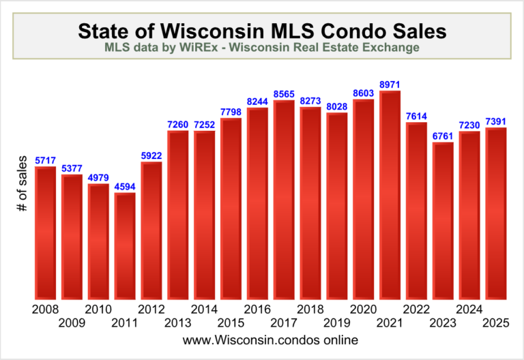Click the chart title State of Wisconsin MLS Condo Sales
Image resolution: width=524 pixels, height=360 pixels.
click(x=262, y=30)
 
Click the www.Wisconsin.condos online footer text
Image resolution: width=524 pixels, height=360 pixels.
click(x=262, y=339)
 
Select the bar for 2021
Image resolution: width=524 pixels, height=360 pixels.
click(x=390, y=195)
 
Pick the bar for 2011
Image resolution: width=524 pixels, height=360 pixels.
click(x=125, y=246)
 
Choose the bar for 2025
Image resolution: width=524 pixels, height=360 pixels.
click(x=496, y=213)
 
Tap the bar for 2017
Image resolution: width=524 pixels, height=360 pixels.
click(x=284, y=200)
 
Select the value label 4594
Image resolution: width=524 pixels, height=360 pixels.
click(x=125, y=187)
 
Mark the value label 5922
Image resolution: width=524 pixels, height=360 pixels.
click(x=151, y=156)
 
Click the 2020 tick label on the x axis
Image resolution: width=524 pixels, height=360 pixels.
click(x=364, y=309)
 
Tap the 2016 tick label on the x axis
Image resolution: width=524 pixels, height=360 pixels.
click(x=257, y=309)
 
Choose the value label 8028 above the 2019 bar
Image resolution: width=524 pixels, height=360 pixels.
click(x=337, y=107)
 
